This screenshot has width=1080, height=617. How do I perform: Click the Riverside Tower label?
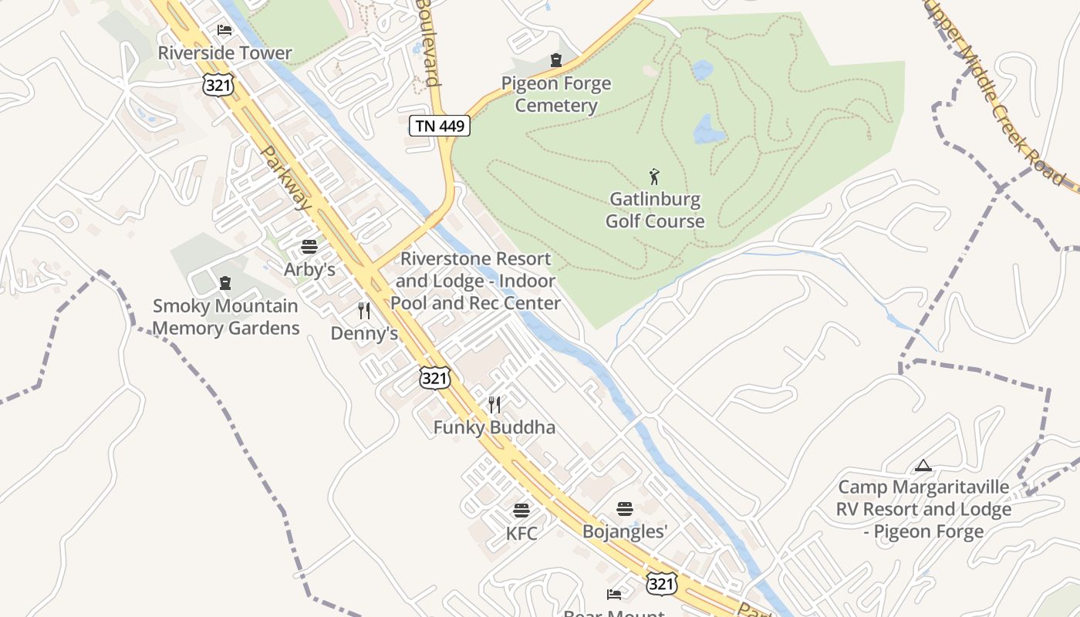click(x=224, y=53)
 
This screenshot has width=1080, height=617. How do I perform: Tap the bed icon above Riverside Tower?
click(x=224, y=30)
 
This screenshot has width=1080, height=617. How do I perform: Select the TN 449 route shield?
click(x=439, y=126)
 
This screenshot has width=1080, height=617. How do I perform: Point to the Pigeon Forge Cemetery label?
click(x=556, y=94)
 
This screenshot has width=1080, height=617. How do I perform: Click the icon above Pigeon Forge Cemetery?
click(x=555, y=59)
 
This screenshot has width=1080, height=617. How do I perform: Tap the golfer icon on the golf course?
click(x=655, y=177)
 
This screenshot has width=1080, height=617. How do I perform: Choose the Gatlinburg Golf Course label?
click(x=655, y=210)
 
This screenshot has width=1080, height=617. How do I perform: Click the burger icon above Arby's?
click(x=309, y=247)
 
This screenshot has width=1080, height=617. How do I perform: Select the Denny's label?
click(x=364, y=333)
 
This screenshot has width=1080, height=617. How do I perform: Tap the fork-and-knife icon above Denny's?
click(x=364, y=311)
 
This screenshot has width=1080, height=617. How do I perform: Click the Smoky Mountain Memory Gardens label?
click(x=225, y=317)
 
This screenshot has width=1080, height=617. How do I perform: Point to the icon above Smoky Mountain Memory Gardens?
click(x=225, y=283)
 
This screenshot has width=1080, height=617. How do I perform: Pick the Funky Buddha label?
click(x=494, y=427)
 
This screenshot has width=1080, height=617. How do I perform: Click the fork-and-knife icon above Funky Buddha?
click(x=494, y=405)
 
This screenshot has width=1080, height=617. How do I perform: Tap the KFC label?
click(x=521, y=533)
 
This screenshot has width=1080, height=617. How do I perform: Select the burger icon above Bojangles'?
click(x=625, y=509)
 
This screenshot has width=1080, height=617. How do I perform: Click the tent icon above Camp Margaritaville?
click(x=923, y=466)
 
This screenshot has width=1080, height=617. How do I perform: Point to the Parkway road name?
click(x=286, y=179)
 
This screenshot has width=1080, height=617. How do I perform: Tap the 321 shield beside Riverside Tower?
click(x=218, y=85)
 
